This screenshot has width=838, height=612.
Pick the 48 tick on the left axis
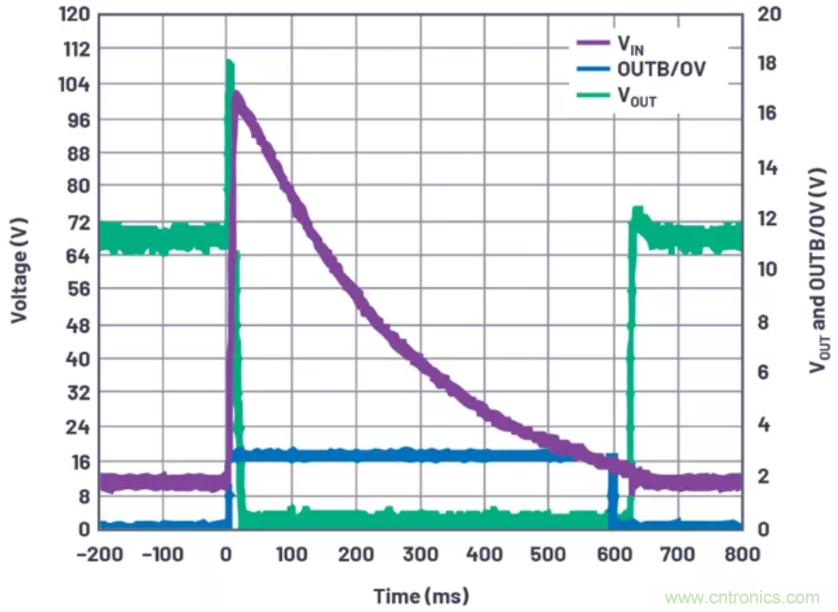(x=76, y=325)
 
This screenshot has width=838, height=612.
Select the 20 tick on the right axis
(x=768, y=15)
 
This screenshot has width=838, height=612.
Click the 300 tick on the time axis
(x=419, y=553)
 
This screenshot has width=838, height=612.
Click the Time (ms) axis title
(x=420, y=596)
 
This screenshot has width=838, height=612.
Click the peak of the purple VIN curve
(x=237, y=95)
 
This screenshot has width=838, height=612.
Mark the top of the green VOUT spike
(x=229, y=63)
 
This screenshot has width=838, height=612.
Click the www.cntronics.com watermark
(x=741, y=597)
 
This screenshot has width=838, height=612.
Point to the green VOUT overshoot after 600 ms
(x=638, y=210)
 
